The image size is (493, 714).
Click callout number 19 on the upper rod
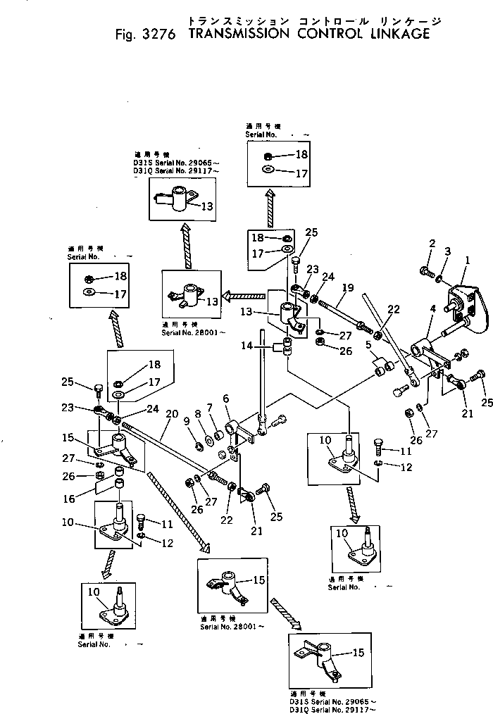(x=347, y=288)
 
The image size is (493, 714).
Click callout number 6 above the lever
(x=226, y=398)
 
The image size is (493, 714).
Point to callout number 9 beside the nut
(x=186, y=422)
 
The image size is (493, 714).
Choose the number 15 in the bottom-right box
(x=358, y=653)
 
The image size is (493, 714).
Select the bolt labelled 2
(x=428, y=269)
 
